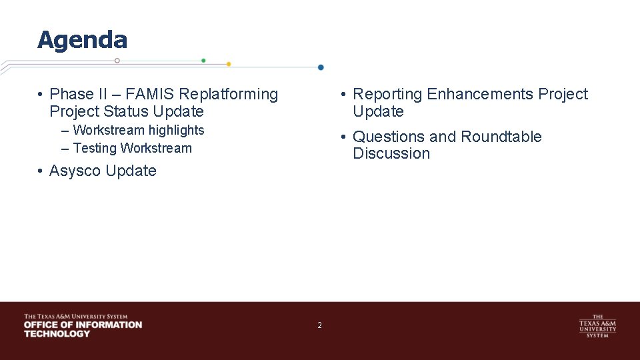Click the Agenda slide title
point(82,40)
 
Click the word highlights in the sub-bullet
point(173,130)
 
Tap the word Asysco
point(75,171)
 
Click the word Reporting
point(387,95)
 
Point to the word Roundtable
point(501,137)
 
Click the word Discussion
point(391,153)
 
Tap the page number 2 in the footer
point(319,325)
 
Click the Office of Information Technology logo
point(83,325)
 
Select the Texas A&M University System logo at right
point(597,326)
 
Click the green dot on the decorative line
point(203,61)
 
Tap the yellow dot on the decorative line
point(229,64)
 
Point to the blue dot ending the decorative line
point(321,67)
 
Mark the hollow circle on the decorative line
point(117,61)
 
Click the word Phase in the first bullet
point(71,95)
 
